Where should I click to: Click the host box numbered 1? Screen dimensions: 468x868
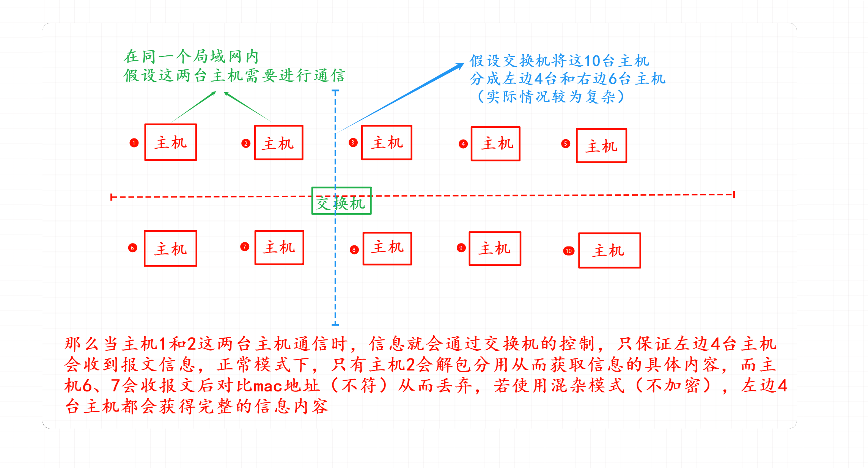[170, 142]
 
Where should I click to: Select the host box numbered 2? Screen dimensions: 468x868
[278, 143]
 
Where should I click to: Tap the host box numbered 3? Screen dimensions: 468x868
[387, 143]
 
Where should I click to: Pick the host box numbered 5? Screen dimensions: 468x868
[601, 146]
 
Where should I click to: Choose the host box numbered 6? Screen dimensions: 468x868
[170, 248]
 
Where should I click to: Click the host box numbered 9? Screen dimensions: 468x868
[495, 248]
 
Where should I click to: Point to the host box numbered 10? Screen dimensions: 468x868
[609, 250]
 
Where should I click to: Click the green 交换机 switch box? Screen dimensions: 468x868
[341, 201]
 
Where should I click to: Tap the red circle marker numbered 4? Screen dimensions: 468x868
[463, 144]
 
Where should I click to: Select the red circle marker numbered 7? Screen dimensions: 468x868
[245, 247]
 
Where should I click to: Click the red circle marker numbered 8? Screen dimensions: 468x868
[354, 250]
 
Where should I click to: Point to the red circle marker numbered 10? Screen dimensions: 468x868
[568, 251]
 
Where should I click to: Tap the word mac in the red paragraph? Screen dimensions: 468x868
[268, 386]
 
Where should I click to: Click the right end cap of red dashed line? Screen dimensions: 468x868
[734, 195]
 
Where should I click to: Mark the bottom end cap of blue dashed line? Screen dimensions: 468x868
[335, 324]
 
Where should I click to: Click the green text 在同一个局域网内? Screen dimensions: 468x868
[192, 57]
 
